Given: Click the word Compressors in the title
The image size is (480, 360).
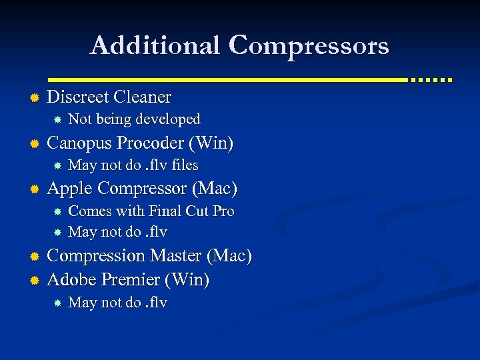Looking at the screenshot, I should [309, 47].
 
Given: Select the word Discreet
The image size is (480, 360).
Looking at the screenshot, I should [78, 97].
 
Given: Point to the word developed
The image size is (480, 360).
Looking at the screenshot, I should [167, 119].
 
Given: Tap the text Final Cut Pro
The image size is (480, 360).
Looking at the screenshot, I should [191, 211].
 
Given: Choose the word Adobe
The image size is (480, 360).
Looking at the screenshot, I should [69, 279].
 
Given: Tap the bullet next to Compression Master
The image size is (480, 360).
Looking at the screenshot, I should [33, 257].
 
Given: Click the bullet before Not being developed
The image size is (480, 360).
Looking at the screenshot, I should [58, 120].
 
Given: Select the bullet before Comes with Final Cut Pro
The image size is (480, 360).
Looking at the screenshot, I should [58, 212].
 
